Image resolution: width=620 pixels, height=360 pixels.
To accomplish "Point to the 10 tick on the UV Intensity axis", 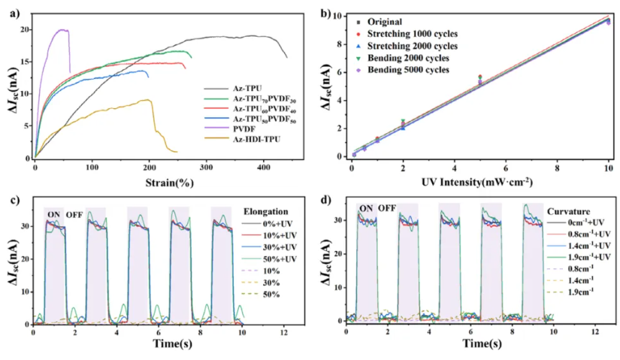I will click(x=607, y=165).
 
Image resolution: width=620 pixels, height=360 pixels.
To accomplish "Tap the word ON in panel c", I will click(x=53, y=214).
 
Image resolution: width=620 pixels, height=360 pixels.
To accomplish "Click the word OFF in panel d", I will click(x=387, y=208).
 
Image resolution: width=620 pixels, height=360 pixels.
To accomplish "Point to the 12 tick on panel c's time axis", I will click(x=283, y=331).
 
